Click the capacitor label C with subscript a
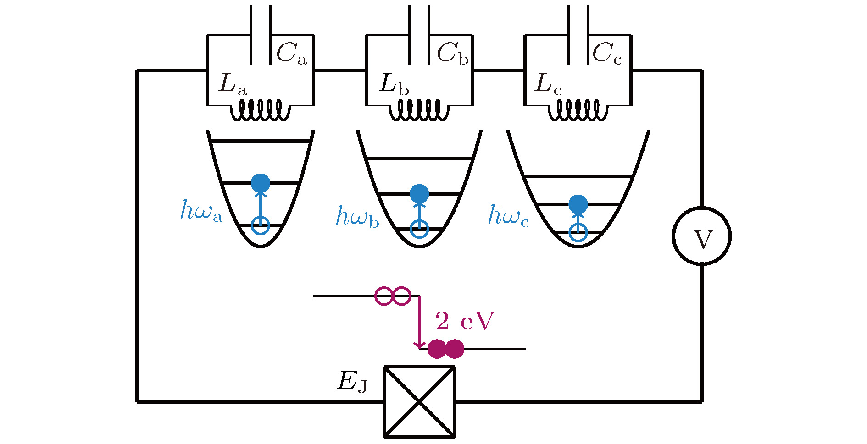[291, 54]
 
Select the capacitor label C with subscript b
[452, 54]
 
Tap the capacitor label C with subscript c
[607, 54]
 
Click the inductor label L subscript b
[394, 85]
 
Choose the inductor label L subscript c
[548, 85]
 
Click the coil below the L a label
[260, 110]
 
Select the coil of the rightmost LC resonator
[578, 110]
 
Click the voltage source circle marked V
[701, 236]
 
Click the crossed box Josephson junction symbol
[419, 401]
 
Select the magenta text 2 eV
[465, 321]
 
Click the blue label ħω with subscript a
[201, 211]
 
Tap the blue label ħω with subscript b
[357, 217]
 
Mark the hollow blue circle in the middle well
[419, 228]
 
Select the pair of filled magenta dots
[445, 349]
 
